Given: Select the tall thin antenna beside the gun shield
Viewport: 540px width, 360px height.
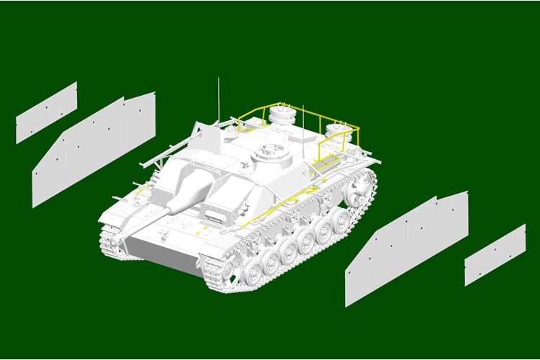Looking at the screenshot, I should pyautogui.click(x=218, y=101).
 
